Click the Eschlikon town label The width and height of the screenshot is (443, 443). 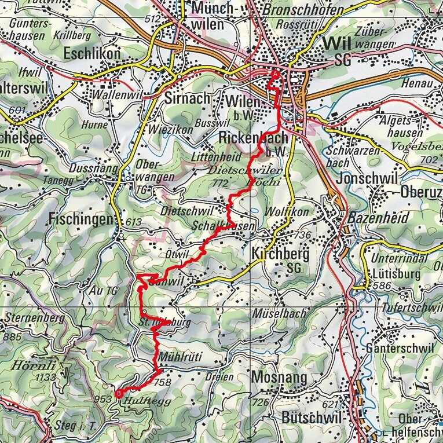93,54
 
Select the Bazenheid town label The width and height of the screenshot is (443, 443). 378,218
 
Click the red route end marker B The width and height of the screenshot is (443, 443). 119,394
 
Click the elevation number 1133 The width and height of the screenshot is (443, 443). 28,378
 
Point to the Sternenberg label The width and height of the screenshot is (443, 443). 32,317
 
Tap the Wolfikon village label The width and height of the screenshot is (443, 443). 284,212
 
